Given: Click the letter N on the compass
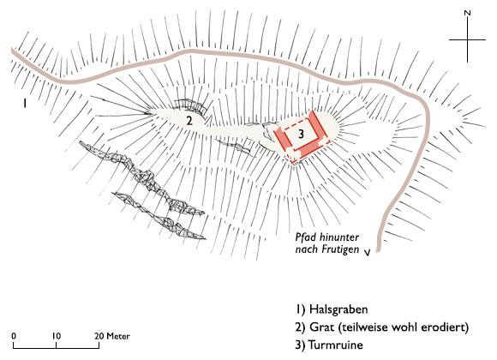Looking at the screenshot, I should click(466, 14).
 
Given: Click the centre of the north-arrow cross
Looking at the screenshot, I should click(467, 41).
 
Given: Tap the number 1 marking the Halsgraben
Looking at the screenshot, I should click(27, 102).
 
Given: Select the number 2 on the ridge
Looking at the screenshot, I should click(188, 121).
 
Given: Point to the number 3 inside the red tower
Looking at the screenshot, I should click(301, 134).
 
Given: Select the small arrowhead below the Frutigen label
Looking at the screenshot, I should click(368, 252).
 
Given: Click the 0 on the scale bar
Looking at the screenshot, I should click(15, 334).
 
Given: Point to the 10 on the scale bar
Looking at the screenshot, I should click(56, 334).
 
